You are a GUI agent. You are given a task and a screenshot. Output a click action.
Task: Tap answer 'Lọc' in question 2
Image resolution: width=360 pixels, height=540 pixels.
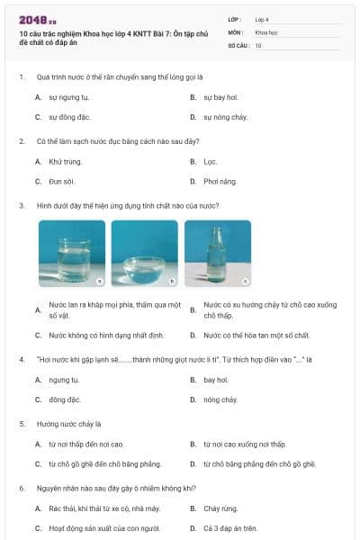pos(210,161)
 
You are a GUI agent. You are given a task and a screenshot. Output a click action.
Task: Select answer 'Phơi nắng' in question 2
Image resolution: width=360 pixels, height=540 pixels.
pos(220,182)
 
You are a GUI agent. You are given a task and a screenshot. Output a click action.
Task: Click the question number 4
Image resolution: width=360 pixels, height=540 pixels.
pos(21,358)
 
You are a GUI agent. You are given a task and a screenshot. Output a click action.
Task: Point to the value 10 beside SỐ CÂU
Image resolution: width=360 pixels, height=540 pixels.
pos(258,44)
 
